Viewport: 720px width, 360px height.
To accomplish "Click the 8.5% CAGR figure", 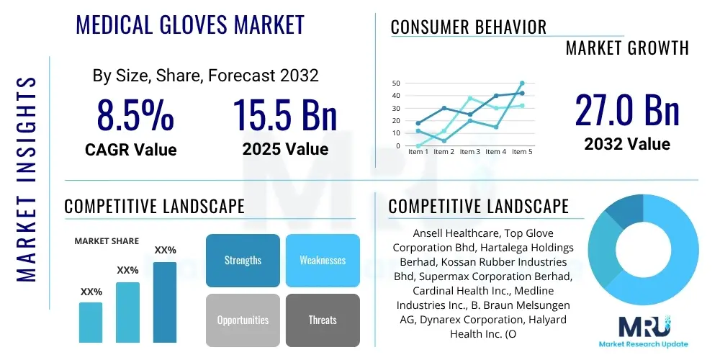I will tap(135, 115).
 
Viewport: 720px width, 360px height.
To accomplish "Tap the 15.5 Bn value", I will tap(285, 115).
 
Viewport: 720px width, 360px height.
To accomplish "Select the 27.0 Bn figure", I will tap(627, 110).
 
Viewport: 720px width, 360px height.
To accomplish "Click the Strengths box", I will tap(243, 260).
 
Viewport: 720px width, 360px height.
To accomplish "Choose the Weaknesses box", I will tap(323, 260).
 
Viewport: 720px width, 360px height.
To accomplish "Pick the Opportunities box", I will tap(243, 320).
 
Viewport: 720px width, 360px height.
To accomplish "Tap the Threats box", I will tap(323, 320).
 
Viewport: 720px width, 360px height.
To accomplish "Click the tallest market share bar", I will tap(165, 302).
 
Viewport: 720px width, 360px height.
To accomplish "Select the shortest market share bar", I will tap(91, 322).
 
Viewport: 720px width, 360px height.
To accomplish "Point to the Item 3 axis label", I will tap(469, 152).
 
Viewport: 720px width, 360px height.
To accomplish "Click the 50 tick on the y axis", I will tap(396, 84).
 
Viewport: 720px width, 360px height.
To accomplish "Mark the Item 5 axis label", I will tap(521, 152).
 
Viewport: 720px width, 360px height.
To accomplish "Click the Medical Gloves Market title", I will tap(190, 24).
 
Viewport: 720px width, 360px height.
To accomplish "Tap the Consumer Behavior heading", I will tap(469, 27).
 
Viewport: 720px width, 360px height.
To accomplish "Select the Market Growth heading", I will tap(627, 48).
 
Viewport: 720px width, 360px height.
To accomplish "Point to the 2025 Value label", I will tap(285, 150).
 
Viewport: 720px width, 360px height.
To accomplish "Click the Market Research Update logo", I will tap(643, 333).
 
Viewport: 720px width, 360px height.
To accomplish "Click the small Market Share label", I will tap(107, 241).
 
